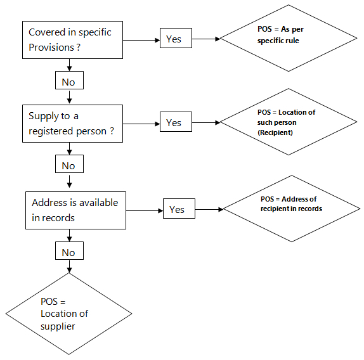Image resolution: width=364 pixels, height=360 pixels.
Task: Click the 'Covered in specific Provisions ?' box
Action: coord(72,40)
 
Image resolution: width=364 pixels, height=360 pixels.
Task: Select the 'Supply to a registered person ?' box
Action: coord(72,124)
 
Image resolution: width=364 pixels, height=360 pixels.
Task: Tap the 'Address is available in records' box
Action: coord(75,210)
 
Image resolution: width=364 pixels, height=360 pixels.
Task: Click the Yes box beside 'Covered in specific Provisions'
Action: coord(176,38)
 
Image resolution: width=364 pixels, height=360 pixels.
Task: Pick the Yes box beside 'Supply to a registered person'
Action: coord(176,122)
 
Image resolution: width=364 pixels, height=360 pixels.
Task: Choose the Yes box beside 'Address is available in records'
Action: coord(179,209)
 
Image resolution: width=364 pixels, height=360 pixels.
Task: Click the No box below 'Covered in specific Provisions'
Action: coord(69,80)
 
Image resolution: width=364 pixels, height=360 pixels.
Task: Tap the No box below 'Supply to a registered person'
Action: coord(69,164)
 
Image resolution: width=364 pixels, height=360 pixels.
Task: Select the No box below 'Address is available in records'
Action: coord(69,251)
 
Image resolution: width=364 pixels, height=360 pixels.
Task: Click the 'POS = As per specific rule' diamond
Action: coord(289,38)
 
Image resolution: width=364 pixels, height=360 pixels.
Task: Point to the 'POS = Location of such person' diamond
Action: coord(289,122)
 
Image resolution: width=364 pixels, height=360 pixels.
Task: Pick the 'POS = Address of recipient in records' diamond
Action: coord(292,209)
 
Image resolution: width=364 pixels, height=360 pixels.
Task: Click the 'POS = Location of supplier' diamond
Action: coord(69,314)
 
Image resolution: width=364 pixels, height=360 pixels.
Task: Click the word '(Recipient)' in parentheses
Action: coord(275,132)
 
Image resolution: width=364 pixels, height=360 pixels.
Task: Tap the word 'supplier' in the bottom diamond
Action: coord(58,326)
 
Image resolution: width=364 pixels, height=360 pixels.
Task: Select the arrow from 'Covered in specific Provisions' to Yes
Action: coord(141,40)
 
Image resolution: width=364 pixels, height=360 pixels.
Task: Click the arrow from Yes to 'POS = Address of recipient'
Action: coord(209,209)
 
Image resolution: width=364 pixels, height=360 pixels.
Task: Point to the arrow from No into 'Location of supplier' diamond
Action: coord(69,266)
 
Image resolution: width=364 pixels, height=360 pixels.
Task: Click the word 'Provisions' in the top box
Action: coord(51,48)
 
